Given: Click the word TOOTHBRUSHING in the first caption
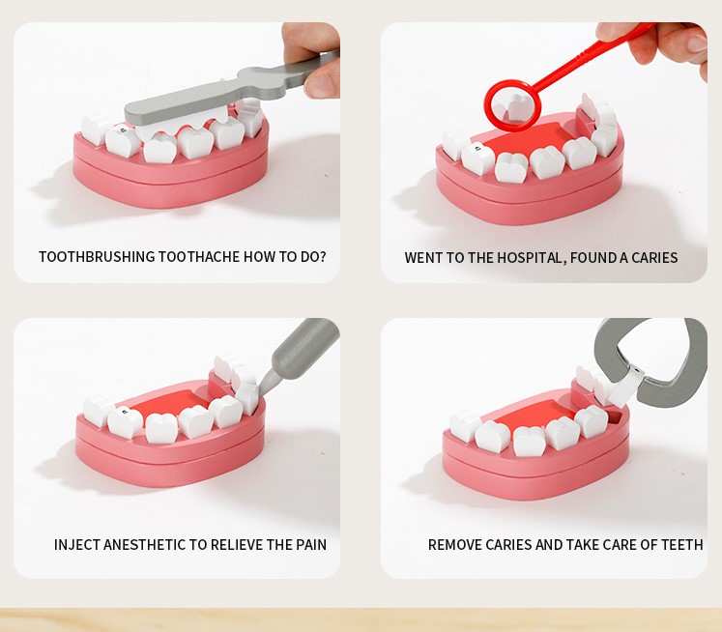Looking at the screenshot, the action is (x=98, y=257).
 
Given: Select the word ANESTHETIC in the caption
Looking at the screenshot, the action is (x=145, y=545).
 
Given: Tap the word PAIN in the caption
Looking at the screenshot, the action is (x=311, y=545).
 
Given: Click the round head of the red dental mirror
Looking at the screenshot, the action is (x=510, y=106).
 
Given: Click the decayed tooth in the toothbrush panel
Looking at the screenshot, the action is (x=123, y=140).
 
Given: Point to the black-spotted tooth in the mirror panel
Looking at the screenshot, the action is (x=478, y=158).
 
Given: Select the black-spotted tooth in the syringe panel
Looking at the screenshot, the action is (x=125, y=421).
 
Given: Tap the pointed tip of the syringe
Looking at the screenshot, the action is (x=259, y=392).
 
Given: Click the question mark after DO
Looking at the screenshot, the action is (x=322, y=256).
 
